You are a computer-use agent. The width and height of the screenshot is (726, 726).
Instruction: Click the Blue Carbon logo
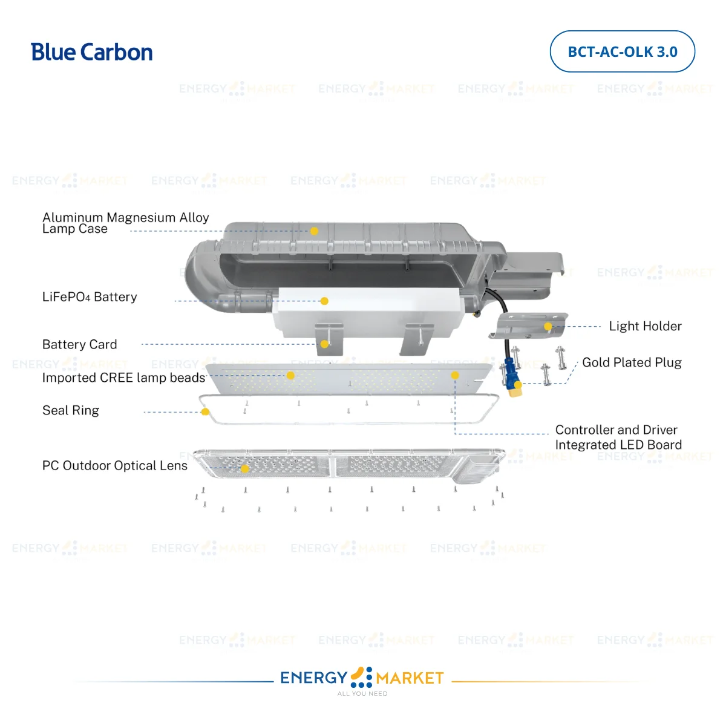pyautogui.click(x=91, y=52)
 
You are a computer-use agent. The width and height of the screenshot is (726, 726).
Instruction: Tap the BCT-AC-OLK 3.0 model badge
pyautogui.click(x=622, y=51)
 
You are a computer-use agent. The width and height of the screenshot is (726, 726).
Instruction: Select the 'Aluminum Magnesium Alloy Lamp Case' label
pyautogui.click(x=125, y=223)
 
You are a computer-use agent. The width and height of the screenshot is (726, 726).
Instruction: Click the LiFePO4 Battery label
pyautogui.click(x=90, y=297)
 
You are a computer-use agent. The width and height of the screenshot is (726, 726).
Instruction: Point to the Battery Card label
pyautogui.click(x=79, y=344)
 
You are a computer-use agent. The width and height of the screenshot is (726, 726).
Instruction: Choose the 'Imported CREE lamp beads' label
pyautogui.click(x=123, y=378)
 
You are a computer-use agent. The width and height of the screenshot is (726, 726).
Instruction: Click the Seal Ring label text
pyautogui.click(x=70, y=410)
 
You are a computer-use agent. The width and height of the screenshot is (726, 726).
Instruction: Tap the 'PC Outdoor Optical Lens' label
pyautogui.click(x=114, y=465)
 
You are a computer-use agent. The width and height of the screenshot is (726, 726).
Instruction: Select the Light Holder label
pyautogui.click(x=645, y=326)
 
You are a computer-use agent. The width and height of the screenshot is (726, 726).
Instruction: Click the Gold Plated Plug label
pyautogui.click(x=632, y=362)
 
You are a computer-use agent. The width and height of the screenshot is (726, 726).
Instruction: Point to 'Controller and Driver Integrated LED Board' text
pyautogui.click(x=618, y=437)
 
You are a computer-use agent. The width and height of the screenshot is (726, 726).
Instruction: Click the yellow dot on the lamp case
pyautogui.click(x=314, y=231)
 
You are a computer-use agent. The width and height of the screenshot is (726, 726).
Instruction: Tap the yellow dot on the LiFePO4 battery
pyautogui.click(x=324, y=301)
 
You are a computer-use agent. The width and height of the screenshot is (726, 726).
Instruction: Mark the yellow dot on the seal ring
pyautogui.click(x=205, y=412)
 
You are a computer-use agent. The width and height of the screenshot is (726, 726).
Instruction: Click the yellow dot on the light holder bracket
pyautogui.click(x=548, y=327)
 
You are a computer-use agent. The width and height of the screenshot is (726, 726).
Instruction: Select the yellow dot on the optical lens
pyautogui.click(x=245, y=468)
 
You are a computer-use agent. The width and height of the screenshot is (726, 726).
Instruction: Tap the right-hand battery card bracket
pyautogui.click(x=417, y=339)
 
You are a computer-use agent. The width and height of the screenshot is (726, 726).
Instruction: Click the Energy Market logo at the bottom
pyautogui.click(x=362, y=678)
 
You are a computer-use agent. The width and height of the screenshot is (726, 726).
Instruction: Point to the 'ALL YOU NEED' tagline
pyautogui.click(x=362, y=694)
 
